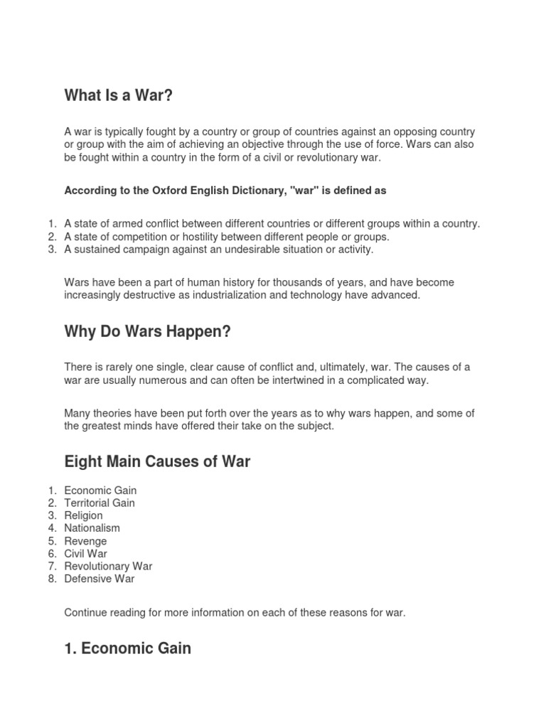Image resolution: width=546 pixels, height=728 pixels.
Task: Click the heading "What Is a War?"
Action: tap(119, 95)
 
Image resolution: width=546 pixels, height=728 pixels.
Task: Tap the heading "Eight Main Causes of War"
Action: tap(157, 462)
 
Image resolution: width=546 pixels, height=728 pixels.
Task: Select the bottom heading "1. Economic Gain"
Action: tap(127, 648)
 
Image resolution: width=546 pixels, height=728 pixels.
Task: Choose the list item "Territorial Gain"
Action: tap(100, 503)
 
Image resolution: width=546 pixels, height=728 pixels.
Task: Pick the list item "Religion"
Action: tap(83, 515)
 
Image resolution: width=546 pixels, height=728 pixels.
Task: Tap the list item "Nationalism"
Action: tap(92, 528)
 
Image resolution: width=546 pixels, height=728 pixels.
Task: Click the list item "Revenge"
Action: tap(85, 541)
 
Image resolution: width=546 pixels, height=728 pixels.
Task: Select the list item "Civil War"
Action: tap(85, 553)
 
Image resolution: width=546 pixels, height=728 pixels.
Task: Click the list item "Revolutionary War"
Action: tap(108, 566)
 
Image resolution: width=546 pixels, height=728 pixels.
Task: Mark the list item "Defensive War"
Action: tap(99, 579)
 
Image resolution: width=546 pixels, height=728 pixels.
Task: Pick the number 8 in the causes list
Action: tap(51, 579)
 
